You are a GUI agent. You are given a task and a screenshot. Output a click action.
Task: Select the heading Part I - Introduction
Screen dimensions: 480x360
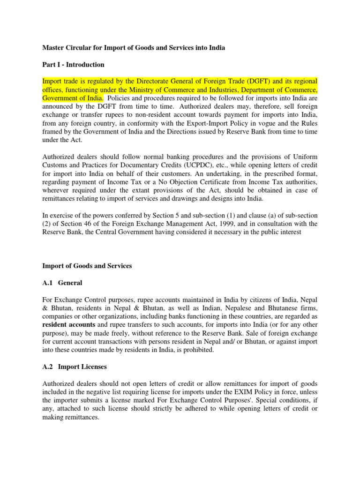point(74,64)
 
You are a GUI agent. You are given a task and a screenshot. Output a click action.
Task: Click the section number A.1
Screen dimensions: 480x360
point(48,283)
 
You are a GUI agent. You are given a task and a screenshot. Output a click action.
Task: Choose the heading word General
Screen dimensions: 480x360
point(70,283)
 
